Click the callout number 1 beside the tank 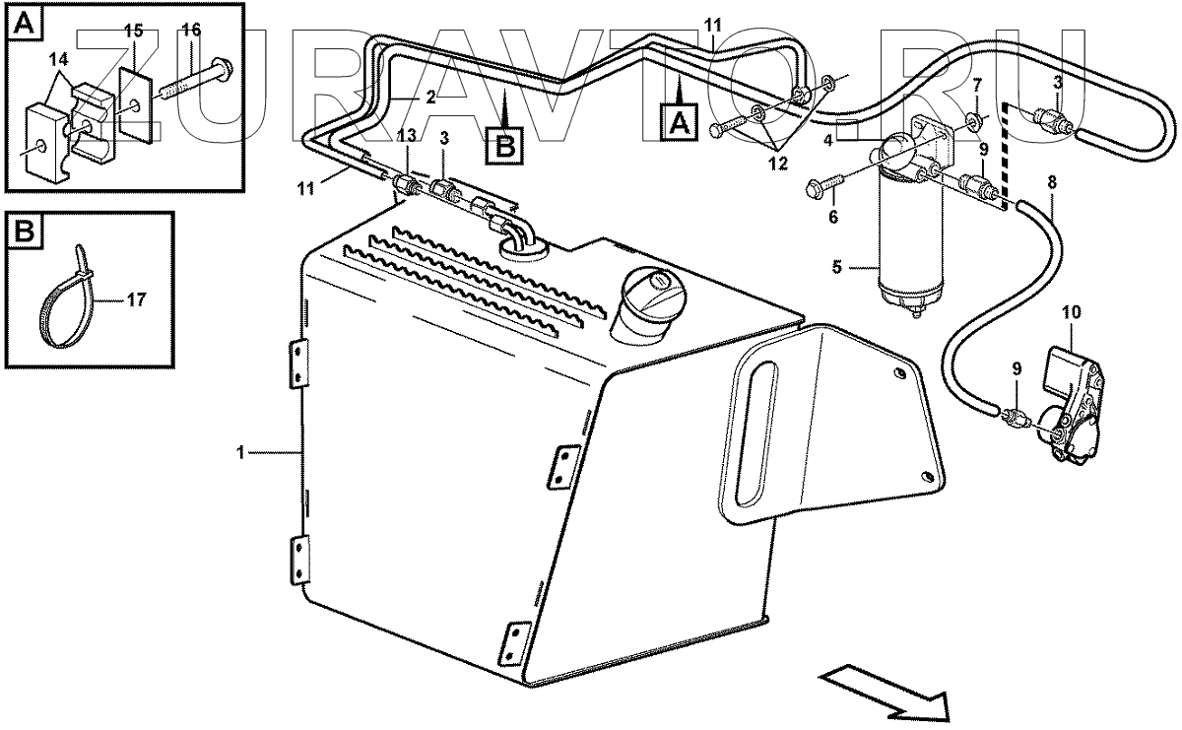pos(239,451)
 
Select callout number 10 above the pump pos(1071,312)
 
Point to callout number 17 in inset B pos(136,300)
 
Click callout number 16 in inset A pos(191,31)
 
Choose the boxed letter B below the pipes pos(504,146)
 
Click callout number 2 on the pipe pos(430,98)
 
